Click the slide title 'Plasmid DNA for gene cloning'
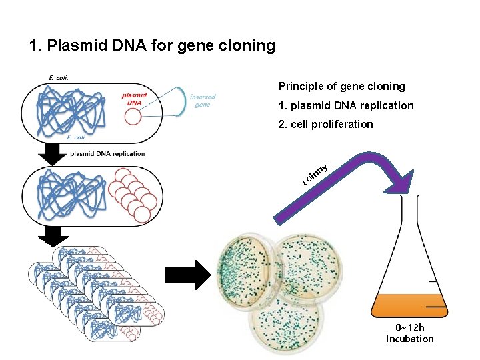(x=152, y=46)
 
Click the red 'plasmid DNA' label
(x=134, y=99)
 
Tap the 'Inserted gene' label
(x=202, y=100)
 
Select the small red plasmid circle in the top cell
(x=133, y=117)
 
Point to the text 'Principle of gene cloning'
(x=341, y=87)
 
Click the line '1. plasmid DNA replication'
(x=345, y=106)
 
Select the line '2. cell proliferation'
(x=325, y=125)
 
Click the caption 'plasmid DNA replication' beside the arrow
(x=107, y=154)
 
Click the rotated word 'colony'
(x=314, y=173)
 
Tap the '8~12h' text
(x=409, y=327)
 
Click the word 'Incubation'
(x=409, y=339)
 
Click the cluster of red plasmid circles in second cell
(x=135, y=194)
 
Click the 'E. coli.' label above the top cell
(x=59, y=77)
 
